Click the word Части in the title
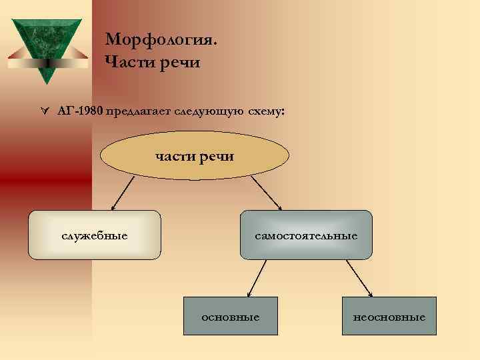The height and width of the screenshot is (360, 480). pyautogui.click(x=128, y=63)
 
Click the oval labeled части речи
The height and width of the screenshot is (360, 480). pyautogui.click(x=195, y=156)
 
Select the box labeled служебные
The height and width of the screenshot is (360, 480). pyautogui.click(x=95, y=235)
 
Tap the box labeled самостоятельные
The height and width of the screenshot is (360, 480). pyautogui.click(x=306, y=235)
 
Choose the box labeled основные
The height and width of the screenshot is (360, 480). pyautogui.click(x=231, y=316)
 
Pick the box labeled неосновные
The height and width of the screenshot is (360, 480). pyautogui.click(x=389, y=316)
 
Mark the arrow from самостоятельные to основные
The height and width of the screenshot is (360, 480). pyautogui.click(x=257, y=277)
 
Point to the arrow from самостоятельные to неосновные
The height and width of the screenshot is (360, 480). pyautogui.click(x=358, y=277)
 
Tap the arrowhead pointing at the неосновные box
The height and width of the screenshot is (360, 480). pyautogui.click(x=370, y=293)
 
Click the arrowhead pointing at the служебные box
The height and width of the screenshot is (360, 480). pyautogui.click(x=113, y=207)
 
